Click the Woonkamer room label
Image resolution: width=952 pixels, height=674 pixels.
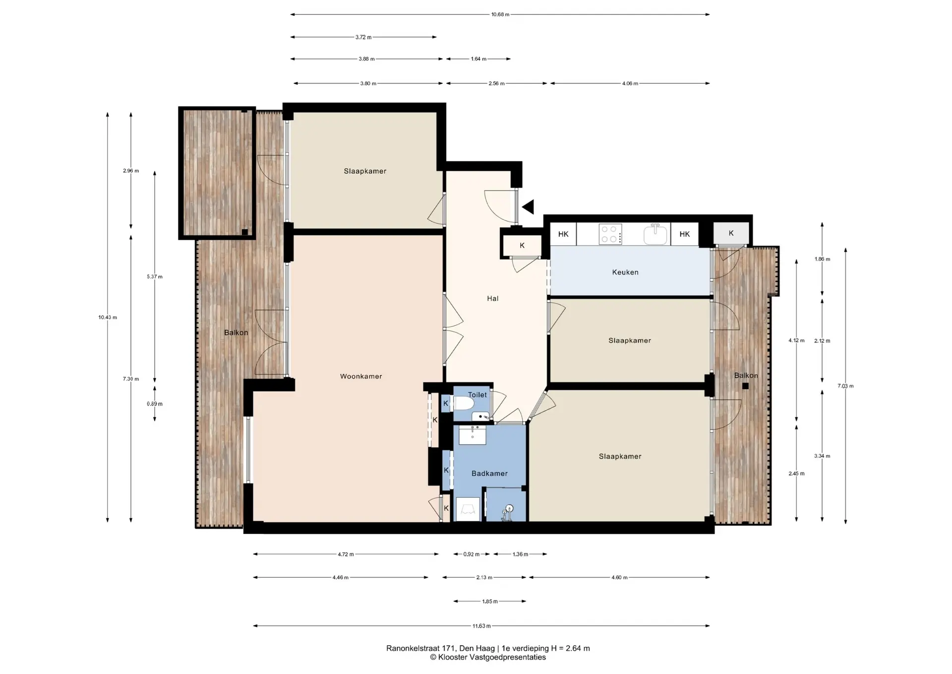[x=361, y=376]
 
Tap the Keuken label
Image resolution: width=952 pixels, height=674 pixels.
[x=625, y=272]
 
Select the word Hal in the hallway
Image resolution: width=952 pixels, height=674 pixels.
[x=492, y=298]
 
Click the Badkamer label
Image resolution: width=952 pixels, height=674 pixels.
[x=489, y=473]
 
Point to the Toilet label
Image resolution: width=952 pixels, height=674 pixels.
[x=477, y=395]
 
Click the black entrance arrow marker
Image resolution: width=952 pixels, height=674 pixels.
[x=528, y=206]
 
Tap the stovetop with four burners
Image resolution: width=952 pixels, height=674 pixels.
[x=610, y=234]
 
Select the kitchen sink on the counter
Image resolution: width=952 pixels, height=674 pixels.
[x=655, y=234]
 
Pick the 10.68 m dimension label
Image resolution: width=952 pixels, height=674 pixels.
[x=500, y=14]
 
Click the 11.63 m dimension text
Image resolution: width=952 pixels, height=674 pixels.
[x=481, y=626]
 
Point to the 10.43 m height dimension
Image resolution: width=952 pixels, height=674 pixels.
[x=108, y=317]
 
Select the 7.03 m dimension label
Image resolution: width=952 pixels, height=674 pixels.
[x=845, y=386]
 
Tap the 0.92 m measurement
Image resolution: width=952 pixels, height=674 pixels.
[x=472, y=554]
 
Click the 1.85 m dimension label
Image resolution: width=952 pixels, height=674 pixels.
[x=490, y=601]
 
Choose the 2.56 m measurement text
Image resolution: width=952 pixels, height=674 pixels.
[x=496, y=83]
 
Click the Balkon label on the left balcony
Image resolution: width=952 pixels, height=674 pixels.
[x=236, y=333]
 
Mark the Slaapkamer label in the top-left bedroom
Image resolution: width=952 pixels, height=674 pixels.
[x=365, y=171]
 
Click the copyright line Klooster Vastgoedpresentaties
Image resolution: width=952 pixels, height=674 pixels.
[x=488, y=657]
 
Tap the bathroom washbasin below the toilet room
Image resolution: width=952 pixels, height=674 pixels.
[x=472, y=435]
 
